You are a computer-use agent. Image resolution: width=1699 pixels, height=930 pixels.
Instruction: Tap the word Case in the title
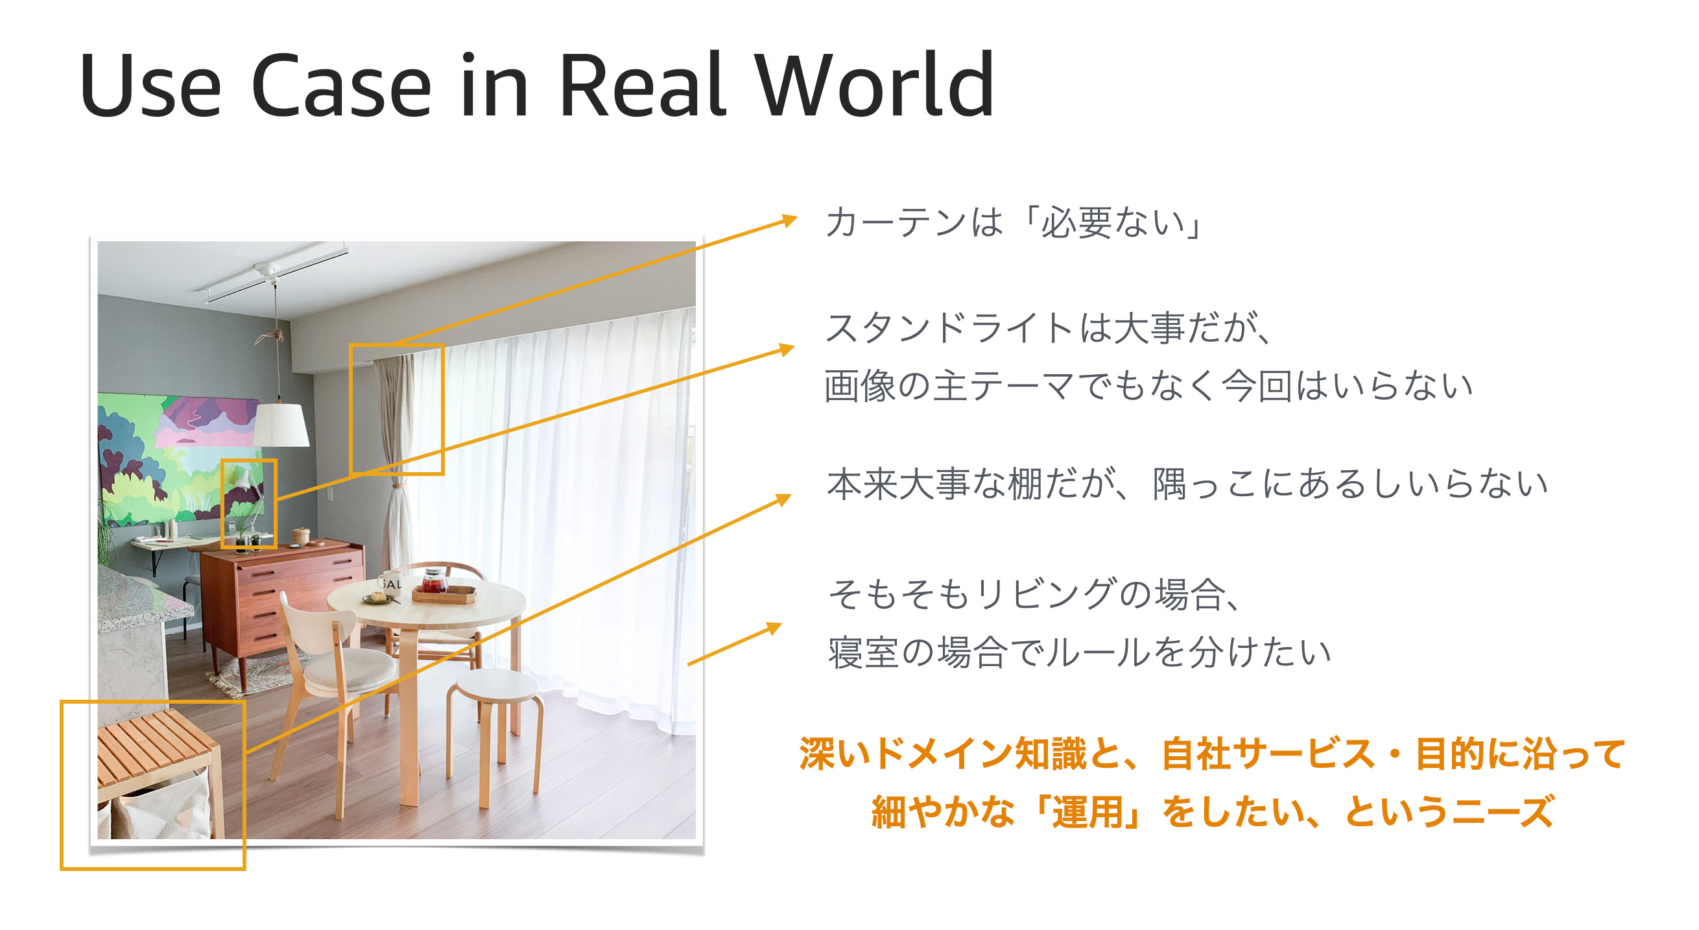pyautogui.click(x=342, y=86)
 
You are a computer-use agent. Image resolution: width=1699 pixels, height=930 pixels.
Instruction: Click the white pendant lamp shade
pyautogui.click(x=281, y=425)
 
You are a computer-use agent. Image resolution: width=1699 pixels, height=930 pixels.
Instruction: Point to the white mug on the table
pyautogui.click(x=390, y=582)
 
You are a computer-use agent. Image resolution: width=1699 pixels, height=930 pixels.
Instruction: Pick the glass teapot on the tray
pyautogui.click(x=435, y=580)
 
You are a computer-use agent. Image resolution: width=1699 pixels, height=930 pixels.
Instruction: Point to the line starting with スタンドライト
pyautogui.click(x=1049, y=328)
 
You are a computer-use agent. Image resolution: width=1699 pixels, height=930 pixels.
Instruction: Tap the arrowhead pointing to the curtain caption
pyautogui.click(x=789, y=220)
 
